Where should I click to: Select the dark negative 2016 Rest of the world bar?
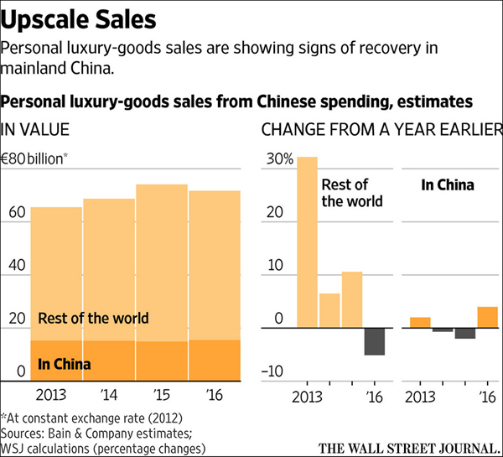(375, 341)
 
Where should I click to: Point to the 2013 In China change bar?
(420, 322)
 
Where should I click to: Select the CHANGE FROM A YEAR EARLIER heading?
(381, 130)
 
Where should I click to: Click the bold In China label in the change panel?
(447, 184)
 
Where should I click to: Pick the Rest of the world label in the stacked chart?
(93, 318)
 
